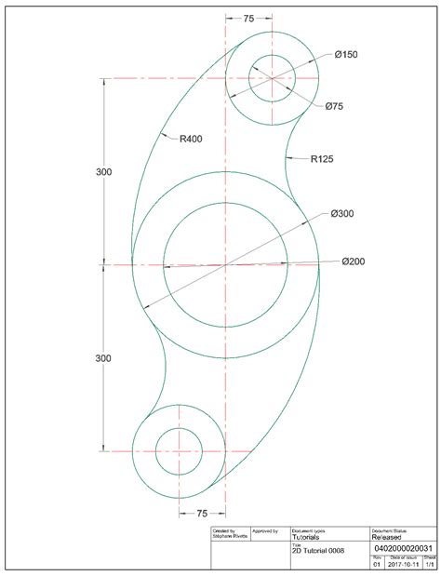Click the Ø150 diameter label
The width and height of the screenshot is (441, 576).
click(345, 55)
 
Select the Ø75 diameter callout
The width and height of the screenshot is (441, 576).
click(335, 107)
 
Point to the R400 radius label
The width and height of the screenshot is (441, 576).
click(191, 139)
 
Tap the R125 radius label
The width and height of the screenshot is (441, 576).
click(322, 159)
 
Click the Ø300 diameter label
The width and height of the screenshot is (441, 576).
click(342, 214)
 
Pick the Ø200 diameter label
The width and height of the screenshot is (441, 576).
click(353, 261)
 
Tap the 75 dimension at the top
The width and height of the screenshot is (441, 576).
click(248, 18)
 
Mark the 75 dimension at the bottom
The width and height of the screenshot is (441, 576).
click(202, 513)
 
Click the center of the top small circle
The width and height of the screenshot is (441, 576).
click(272, 78)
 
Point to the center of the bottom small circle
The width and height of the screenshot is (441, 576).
click(179, 452)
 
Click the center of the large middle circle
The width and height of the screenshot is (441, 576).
click(225, 265)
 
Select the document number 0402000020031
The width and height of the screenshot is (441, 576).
click(401, 549)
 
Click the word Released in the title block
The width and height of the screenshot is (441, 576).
click(389, 537)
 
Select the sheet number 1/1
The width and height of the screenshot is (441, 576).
click(429, 564)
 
